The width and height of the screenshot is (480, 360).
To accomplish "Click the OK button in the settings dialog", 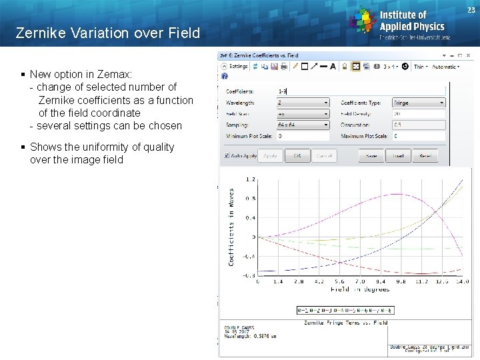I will click(x=297, y=155).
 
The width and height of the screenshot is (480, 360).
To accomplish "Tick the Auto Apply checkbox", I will click(x=227, y=155).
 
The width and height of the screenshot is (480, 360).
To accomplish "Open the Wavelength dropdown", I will click(x=303, y=103).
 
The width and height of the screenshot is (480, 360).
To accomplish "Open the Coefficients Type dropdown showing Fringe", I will click(x=418, y=103).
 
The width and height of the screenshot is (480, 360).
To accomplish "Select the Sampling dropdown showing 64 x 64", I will click(x=303, y=125).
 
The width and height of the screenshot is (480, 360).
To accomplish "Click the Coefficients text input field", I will click(x=360, y=91).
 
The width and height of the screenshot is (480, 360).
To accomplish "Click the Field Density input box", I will click(x=418, y=114).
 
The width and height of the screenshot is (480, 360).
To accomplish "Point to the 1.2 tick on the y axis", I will click(x=251, y=179).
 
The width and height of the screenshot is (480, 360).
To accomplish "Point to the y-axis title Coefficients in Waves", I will click(x=231, y=227).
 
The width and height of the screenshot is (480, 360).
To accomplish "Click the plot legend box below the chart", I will click(x=345, y=310).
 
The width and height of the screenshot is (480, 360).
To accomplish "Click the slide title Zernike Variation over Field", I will click(x=107, y=33).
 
